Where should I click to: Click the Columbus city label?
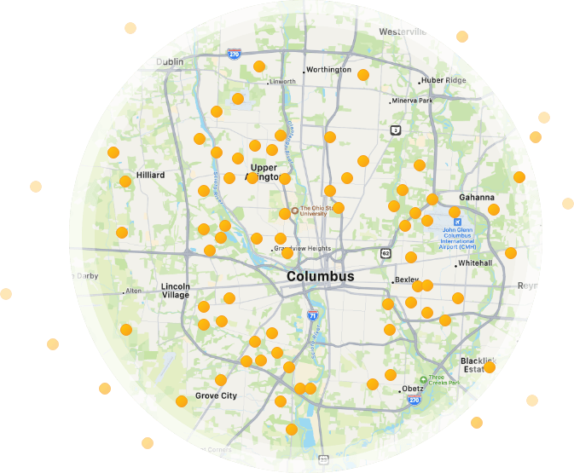(320, 277)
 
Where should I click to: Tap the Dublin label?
(170, 62)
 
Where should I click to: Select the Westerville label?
(402, 32)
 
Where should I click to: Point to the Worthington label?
(328, 70)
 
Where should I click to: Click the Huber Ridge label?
(444, 81)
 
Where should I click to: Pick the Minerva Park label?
(413, 101)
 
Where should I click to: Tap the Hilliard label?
(150, 176)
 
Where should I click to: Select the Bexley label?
(407, 280)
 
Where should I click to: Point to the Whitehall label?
(475, 263)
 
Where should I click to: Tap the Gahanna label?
(476, 198)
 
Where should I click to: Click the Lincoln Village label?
(175, 291)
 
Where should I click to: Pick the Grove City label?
(216, 395)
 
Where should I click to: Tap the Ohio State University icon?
(294, 210)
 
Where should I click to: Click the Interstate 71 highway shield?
(313, 315)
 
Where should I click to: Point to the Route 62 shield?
(386, 253)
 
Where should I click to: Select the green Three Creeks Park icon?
(423, 379)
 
